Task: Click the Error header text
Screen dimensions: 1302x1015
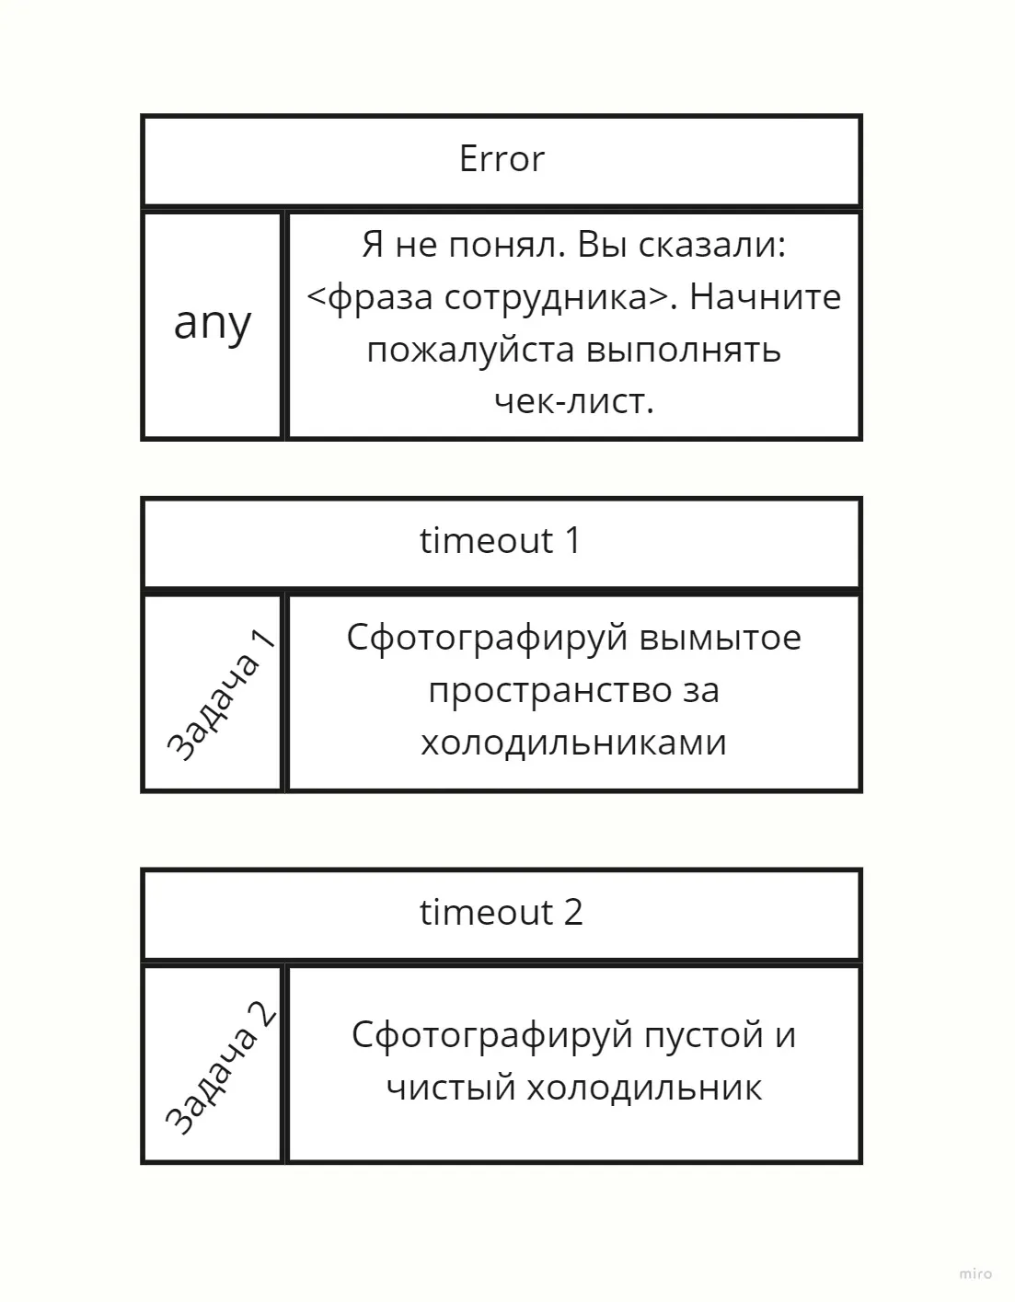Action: (x=502, y=159)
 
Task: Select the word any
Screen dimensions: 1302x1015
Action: (x=213, y=324)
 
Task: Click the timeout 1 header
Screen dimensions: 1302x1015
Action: (x=501, y=541)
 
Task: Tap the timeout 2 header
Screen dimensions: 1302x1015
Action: (x=502, y=913)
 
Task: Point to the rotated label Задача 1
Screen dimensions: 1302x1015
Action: (x=222, y=695)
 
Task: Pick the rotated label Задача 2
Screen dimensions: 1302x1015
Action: (x=222, y=1066)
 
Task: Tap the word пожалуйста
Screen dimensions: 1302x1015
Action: (x=470, y=351)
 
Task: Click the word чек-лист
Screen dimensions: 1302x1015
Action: (x=573, y=401)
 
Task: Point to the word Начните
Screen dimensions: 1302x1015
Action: (x=766, y=297)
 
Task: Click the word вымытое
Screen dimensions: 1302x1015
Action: (x=720, y=638)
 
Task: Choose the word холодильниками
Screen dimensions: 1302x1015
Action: (x=573, y=742)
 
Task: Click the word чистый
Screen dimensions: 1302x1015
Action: (x=451, y=1088)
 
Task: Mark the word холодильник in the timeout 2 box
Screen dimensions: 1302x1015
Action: (x=644, y=1088)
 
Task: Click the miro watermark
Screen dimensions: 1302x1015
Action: (x=975, y=1274)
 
